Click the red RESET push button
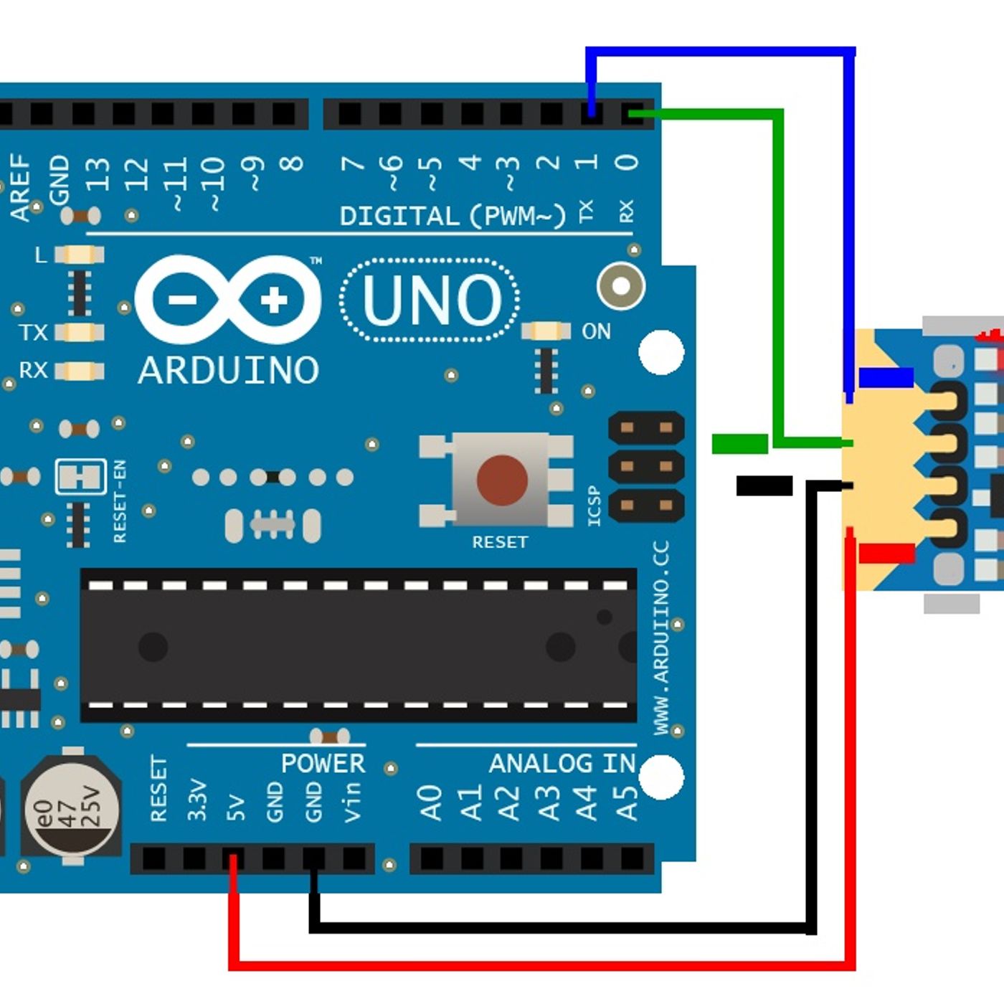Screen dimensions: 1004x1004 pyautogui.click(x=502, y=479)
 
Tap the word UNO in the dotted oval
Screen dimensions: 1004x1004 pyautogui.click(x=431, y=300)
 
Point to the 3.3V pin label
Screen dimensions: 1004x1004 pyautogui.click(x=196, y=800)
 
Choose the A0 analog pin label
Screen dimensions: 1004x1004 pyautogui.click(x=430, y=802)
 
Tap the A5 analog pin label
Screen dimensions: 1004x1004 pyautogui.click(x=626, y=802)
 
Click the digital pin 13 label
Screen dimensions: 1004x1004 pyautogui.click(x=98, y=174)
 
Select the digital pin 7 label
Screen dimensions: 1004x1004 pyautogui.click(x=352, y=164)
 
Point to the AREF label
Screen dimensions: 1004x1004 pyautogui.click(x=20, y=186)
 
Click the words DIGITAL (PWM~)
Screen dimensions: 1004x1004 pyautogui.click(x=452, y=216)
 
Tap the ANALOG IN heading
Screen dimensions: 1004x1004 pyautogui.click(x=562, y=764)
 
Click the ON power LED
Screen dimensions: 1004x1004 pyautogui.click(x=546, y=331)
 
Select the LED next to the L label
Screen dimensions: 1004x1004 pyautogui.click(x=79, y=255)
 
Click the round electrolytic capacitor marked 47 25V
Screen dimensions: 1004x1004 pyautogui.click(x=70, y=808)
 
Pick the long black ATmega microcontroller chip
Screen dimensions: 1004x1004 pyautogui.click(x=358, y=645)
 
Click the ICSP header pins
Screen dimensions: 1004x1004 pyautogui.click(x=645, y=467)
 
